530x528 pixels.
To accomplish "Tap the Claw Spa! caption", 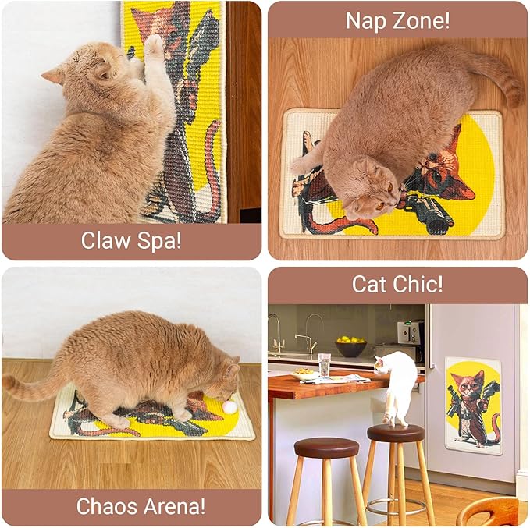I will coord(131,240).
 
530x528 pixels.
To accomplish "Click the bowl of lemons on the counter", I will coord(350,345).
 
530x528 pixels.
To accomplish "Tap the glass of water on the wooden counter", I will coord(324,364).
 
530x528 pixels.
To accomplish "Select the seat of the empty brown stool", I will coord(326,448).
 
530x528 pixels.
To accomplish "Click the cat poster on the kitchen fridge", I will coord(473,405).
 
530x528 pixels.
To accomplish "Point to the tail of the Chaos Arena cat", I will coord(31,384).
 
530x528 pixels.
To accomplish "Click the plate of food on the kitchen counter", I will coord(306,375).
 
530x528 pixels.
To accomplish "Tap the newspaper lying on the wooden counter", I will coord(343,379).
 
